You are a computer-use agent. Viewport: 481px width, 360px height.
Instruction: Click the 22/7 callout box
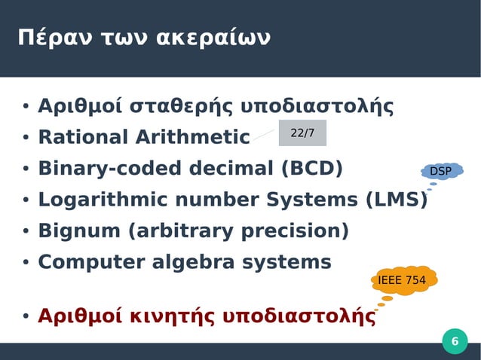coord(302,133)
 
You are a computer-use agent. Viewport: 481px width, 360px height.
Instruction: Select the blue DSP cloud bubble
coord(441,172)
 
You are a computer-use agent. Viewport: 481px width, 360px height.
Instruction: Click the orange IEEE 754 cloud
coord(402,281)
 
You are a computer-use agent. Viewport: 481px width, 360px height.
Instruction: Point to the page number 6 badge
coord(454,343)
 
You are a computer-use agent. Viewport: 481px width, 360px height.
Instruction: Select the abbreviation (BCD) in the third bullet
coord(311,169)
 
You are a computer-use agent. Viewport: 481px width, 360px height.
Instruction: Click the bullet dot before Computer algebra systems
coord(25,263)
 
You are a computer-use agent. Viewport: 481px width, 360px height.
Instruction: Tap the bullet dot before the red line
coord(25,317)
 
